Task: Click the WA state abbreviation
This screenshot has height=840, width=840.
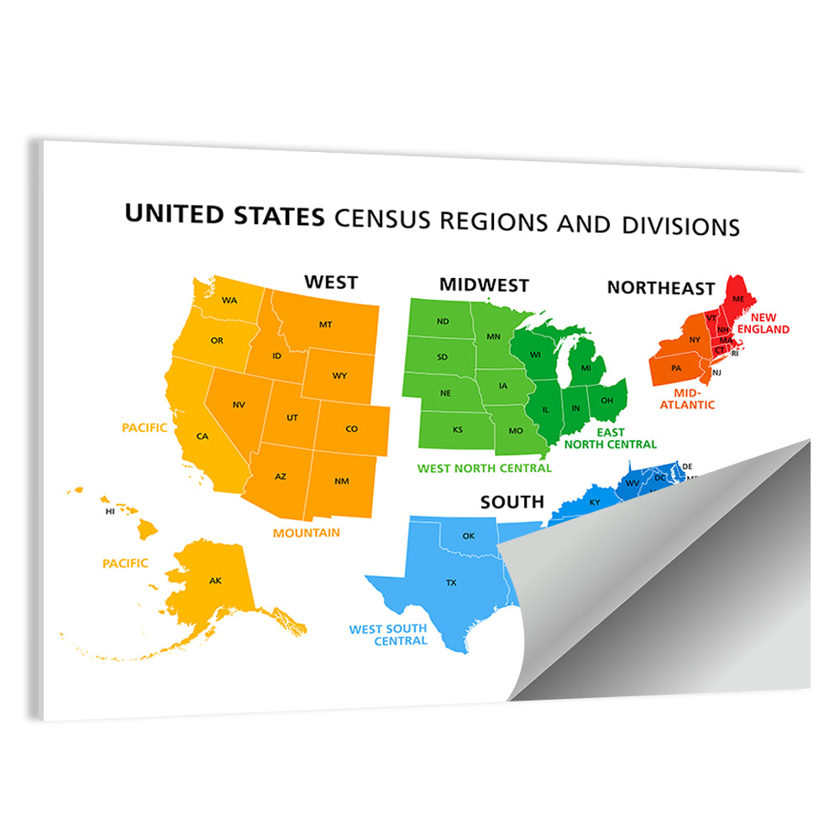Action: pos(229,300)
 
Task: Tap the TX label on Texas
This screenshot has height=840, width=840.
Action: pos(451,582)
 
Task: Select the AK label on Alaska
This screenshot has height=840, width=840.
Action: pos(216,580)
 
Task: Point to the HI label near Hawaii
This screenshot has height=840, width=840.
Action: pos(110,511)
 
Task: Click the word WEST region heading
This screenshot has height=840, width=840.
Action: pos(331,282)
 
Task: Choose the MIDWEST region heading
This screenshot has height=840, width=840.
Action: pos(484,285)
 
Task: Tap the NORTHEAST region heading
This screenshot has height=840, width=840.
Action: pos(661,288)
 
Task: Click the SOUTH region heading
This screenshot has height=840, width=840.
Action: pos(512,502)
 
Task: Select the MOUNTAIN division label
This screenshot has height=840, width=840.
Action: pos(307,533)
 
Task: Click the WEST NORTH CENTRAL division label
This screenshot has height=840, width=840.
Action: pos(485,468)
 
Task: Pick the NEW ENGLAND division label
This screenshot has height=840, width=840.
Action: pos(769,323)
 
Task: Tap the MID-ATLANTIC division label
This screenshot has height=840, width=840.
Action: pos(688,398)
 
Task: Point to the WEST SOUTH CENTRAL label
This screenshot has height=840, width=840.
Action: pos(388,634)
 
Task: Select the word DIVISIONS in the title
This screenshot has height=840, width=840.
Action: pos(680,226)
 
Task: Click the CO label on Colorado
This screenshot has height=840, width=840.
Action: pos(351,429)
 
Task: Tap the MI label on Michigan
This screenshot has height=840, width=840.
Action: pos(586,368)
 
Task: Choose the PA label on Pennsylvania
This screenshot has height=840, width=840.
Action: pos(676,368)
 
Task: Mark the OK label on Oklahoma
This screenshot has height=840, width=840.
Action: pos(469,536)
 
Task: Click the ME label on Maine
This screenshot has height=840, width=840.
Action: pos(738,299)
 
